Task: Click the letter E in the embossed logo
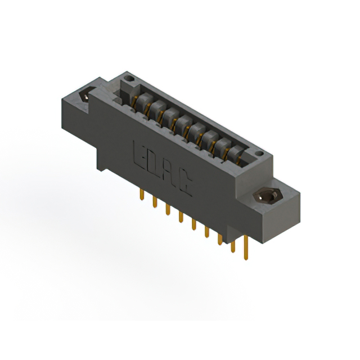point(139,153)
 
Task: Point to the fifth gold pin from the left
point(193,224)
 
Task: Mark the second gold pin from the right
point(233,246)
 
